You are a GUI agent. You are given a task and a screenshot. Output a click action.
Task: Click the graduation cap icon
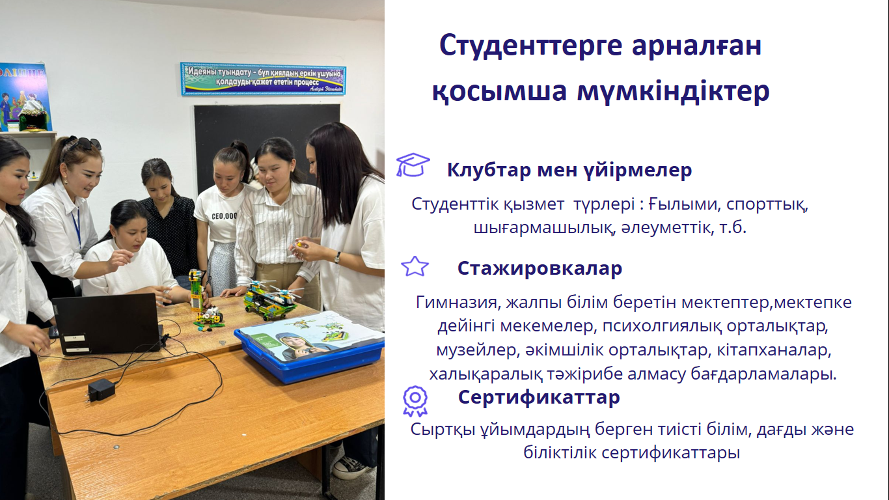coord(413,165)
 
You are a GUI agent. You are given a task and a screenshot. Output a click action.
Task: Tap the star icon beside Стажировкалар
coord(415,266)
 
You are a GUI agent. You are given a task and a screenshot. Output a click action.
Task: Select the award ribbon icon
coord(415,401)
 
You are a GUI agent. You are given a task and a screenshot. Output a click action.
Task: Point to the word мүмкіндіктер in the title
coord(673,91)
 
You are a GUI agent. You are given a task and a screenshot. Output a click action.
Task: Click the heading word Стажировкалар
coord(540,268)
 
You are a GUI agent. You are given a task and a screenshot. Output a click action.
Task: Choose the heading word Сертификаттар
coord(539,397)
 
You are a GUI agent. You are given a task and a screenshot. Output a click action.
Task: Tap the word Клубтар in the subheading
coord(489,170)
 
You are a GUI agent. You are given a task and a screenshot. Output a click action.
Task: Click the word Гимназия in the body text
coord(456,303)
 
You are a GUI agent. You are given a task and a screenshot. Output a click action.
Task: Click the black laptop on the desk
coord(107,322)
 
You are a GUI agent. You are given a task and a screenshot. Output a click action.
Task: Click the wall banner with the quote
coord(263,79)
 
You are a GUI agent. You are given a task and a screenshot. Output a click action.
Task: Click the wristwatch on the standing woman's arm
coord(337,257)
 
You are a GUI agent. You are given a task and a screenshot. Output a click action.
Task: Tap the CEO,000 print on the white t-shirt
coord(225,216)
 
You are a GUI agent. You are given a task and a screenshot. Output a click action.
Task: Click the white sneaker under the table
coord(351,467)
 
